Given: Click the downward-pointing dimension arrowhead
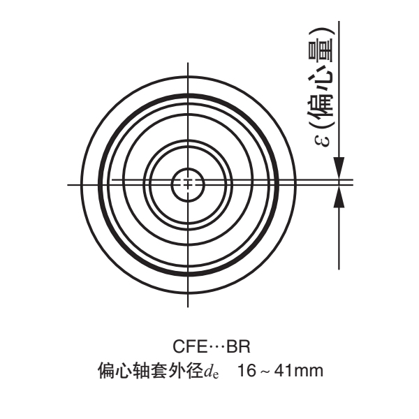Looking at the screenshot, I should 339,170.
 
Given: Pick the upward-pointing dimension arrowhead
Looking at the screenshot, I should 339,196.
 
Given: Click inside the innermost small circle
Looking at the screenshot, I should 186,184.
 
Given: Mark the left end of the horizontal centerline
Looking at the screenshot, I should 69,184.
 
